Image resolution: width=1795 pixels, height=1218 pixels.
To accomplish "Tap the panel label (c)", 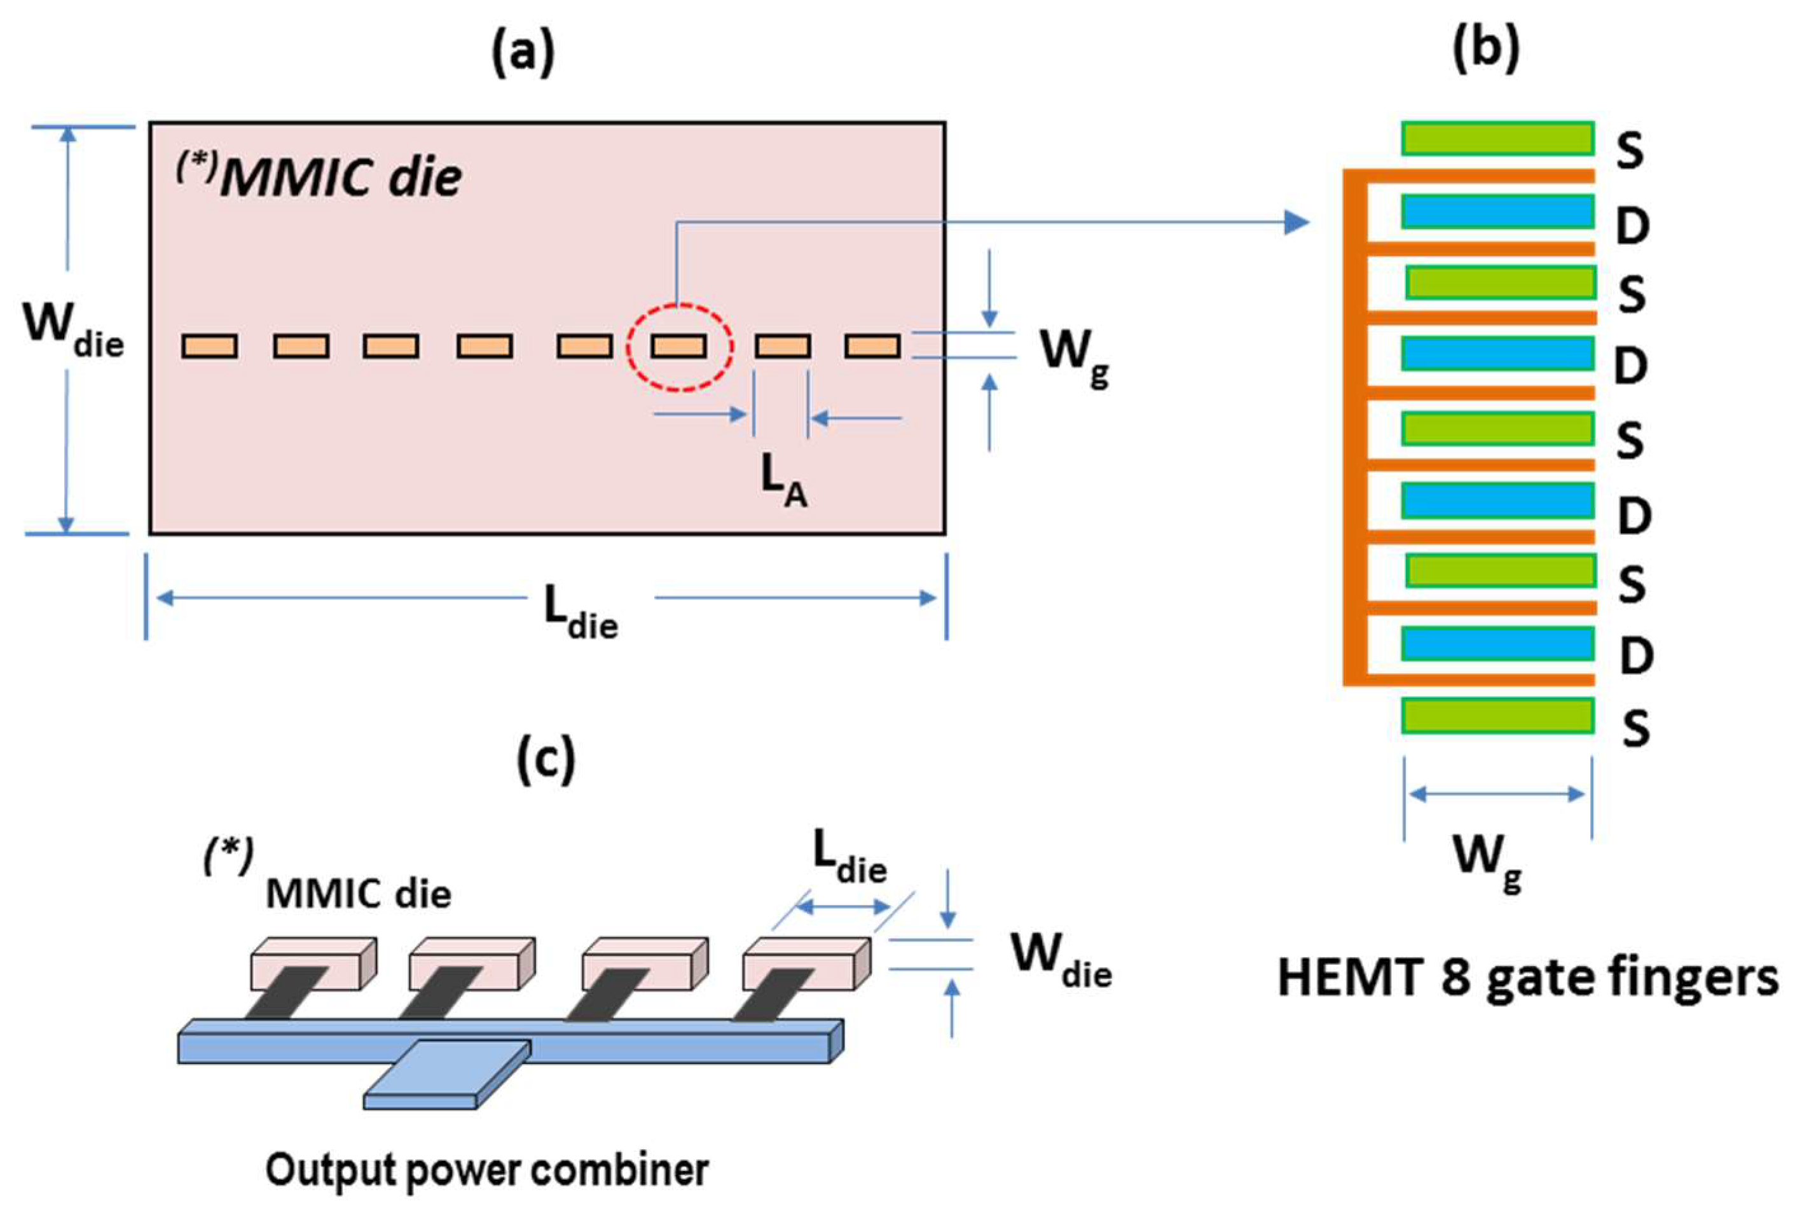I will click(x=546, y=760).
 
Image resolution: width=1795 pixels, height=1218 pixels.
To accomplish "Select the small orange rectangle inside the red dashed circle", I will click(x=678, y=346).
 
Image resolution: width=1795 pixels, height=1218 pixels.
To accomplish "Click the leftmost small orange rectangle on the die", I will click(x=209, y=346).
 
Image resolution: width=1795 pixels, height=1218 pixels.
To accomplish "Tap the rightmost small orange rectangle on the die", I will click(x=872, y=346).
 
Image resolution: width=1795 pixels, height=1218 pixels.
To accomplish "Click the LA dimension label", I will click(x=783, y=483).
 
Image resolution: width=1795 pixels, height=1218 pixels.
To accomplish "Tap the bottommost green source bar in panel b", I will click(x=1497, y=715).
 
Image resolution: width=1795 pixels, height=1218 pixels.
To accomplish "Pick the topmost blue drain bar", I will click(x=1497, y=212).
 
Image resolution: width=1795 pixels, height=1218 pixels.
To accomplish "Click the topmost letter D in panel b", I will click(x=1632, y=226).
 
